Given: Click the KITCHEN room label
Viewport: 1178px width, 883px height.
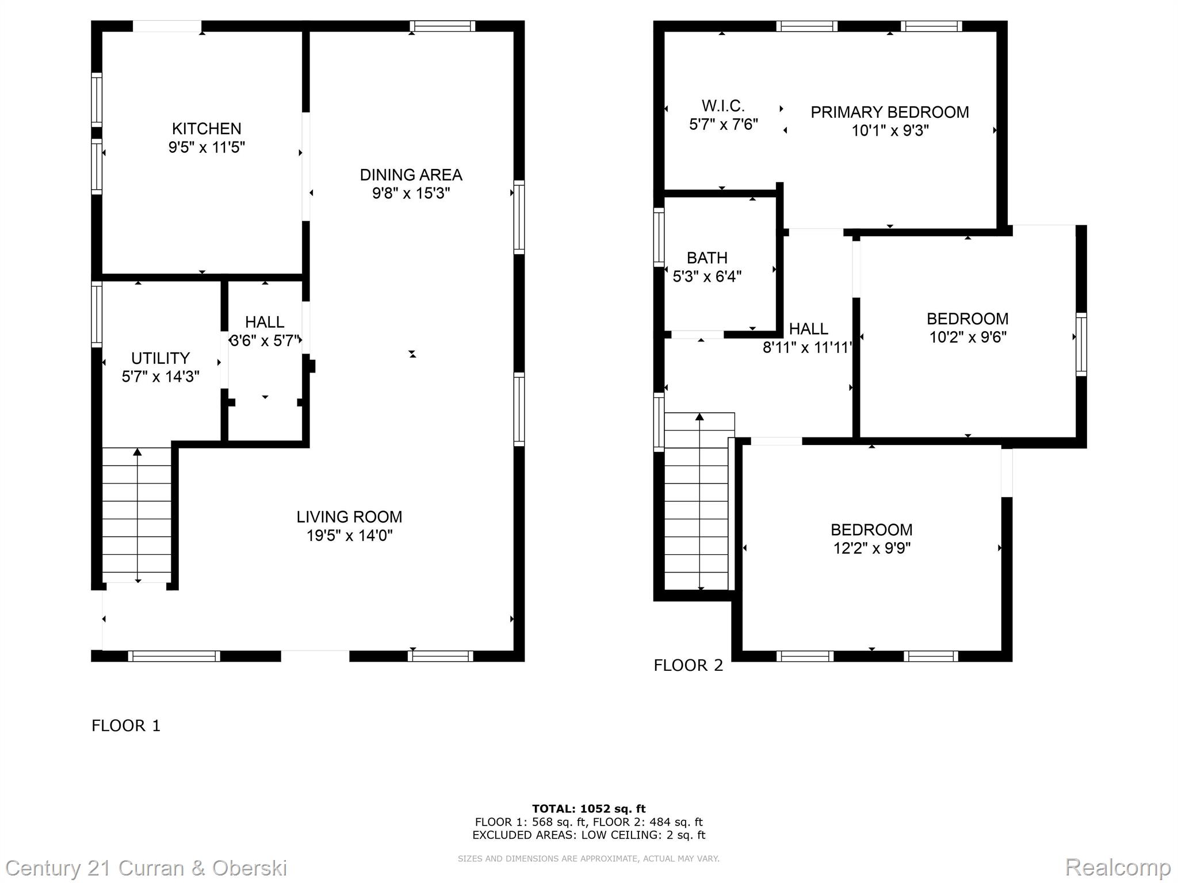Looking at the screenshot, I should [206, 128].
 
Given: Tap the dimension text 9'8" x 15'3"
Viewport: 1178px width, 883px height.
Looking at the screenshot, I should [411, 193].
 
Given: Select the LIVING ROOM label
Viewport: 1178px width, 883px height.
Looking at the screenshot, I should [349, 517].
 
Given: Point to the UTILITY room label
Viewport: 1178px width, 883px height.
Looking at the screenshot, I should [160, 358].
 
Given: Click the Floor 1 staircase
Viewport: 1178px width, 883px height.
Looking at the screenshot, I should [137, 515].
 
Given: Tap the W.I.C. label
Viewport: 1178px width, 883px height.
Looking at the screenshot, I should [723, 106].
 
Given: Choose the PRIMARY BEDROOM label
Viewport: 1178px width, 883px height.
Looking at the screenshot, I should [889, 112].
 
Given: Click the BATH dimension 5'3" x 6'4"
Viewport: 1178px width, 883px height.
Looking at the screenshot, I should [707, 277].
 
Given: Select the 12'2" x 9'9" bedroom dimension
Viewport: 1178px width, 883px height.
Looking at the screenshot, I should [871, 548].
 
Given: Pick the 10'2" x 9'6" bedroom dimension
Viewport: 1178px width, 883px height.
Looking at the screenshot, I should [967, 337].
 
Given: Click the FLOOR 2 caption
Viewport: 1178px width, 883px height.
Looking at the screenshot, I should [688, 665].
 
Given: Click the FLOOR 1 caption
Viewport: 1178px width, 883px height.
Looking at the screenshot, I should [126, 725].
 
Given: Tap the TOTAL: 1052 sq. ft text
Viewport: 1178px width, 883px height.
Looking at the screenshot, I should [588, 809].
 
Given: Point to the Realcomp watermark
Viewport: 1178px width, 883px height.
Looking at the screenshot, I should [1118, 867].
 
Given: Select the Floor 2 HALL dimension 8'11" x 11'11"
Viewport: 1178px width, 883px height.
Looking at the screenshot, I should [807, 348].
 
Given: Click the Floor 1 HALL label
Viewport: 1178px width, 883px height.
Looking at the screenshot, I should [265, 322].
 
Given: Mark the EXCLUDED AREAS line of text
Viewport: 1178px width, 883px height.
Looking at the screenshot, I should [588, 835].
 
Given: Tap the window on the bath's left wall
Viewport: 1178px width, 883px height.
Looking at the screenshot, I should [659, 237].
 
